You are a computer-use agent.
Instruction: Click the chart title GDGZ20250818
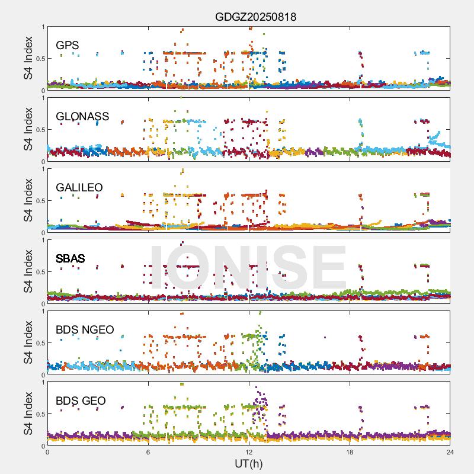(x=255, y=17)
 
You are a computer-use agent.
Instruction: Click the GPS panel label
(x=68, y=46)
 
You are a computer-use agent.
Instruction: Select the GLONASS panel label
(x=82, y=117)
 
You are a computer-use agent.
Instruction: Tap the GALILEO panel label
(x=79, y=188)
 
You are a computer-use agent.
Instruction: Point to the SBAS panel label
(x=71, y=259)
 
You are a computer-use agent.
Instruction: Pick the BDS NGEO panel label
(x=85, y=330)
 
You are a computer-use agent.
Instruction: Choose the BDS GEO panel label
(x=81, y=401)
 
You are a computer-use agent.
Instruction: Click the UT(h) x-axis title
(x=248, y=463)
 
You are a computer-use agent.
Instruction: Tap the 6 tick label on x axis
(x=148, y=452)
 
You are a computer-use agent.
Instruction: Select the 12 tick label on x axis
(x=249, y=452)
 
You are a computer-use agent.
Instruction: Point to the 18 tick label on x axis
(x=350, y=452)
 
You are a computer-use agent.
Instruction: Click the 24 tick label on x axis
(x=450, y=452)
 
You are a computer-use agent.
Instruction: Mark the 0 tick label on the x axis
(x=47, y=452)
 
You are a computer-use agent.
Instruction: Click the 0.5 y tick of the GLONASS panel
(x=39, y=130)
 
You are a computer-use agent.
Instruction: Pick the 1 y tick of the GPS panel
(x=42, y=27)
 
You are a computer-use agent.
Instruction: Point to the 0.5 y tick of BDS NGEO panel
(x=39, y=343)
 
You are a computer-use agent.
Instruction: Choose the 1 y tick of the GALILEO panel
(x=42, y=169)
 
